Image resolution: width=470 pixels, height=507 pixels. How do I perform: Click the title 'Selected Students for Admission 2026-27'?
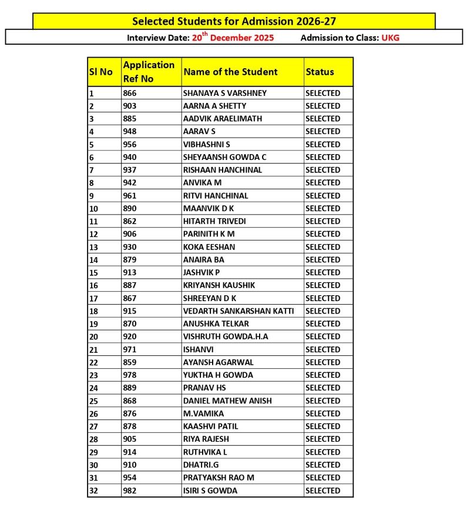point(234,22)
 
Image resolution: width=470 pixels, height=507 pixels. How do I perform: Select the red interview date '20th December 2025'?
point(233,38)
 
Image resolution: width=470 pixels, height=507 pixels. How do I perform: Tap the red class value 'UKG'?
point(391,38)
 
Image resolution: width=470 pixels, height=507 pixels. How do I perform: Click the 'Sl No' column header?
point(100,72)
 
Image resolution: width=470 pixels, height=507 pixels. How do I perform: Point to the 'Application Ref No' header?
point(149,72)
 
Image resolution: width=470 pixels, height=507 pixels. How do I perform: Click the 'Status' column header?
point(320,72)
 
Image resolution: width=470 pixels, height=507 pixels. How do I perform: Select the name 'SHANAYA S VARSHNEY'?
point(224,93)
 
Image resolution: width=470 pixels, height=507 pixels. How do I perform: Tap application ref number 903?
point(129,106)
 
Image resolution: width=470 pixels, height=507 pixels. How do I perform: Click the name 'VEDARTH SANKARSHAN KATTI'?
point(239,311)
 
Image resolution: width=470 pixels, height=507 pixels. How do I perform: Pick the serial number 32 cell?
point(94,491)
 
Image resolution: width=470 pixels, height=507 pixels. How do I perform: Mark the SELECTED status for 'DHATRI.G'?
point(323,465)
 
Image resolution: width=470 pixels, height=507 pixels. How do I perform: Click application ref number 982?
point(129,491)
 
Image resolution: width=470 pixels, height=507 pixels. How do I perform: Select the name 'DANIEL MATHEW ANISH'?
point(227,401)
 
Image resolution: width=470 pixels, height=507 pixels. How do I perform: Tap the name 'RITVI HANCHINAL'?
point(216,195)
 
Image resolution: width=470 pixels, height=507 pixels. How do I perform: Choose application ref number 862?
point(129,221)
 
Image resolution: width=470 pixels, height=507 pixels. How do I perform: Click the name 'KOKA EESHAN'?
point(209,246)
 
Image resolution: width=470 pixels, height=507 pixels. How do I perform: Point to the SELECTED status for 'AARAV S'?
point(323,131)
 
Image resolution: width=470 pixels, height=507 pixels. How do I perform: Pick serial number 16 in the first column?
point(94,285)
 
